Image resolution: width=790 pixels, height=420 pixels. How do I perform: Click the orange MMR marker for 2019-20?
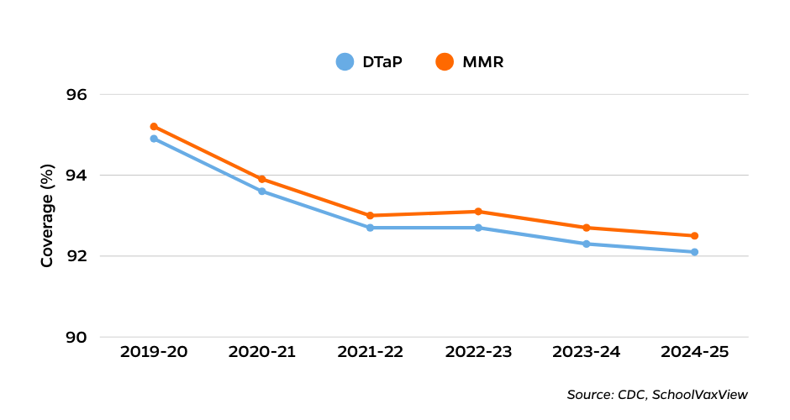[x=154, y=127]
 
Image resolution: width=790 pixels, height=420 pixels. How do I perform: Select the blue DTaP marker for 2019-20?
[x=154, y=139]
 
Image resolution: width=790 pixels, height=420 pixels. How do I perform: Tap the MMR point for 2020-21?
[x=262, y=179]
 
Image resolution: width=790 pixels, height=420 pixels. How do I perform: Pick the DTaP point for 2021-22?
[x=370, y=228]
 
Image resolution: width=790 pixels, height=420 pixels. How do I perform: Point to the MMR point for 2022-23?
[x=478, y=212]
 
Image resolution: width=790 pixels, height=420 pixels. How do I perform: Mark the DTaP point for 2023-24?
[x=587, y=244]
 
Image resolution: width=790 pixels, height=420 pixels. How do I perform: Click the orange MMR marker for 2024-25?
[x=694, y=236]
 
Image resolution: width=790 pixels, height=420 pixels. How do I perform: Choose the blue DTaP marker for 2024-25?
[x=694, y=252]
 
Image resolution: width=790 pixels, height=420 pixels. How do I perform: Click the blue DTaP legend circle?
[x=345, y=62]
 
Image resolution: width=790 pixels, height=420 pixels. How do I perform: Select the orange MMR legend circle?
[x=445, y=62]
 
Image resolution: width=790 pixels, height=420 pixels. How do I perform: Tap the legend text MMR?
[x=482, y=62]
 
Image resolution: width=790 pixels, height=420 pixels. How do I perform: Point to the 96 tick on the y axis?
[x=76, y=95]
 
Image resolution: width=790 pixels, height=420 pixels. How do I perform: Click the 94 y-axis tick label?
[x=76, y=176]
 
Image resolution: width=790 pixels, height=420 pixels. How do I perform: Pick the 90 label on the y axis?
[x=76, y=338]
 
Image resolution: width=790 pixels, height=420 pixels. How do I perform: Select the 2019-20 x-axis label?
[x=154, y=352]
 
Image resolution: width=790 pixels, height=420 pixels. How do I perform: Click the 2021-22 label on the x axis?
[x=370, y=352]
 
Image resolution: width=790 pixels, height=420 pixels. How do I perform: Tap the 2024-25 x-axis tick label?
[x=694, y=352]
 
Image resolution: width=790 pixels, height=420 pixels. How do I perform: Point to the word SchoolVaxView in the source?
[x=699, y=395]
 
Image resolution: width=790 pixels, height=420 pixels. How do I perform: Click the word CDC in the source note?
[x=630, y=395]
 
